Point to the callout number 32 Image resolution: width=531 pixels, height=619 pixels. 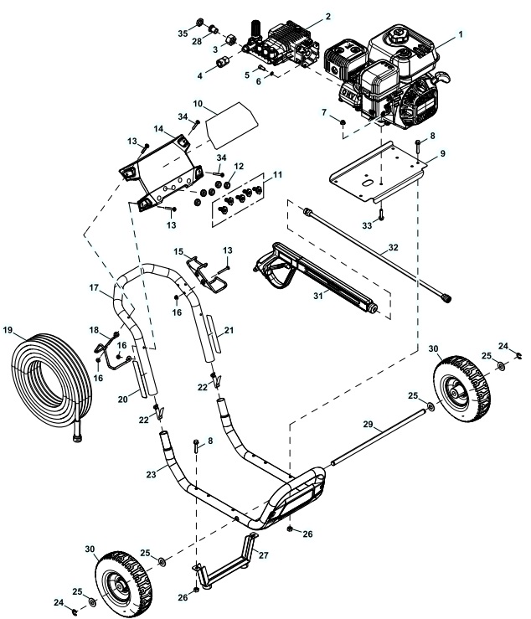pyautogui.click(x=394, y=248)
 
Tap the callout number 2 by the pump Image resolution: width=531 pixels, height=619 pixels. pyautogui.click(x=327, y=16)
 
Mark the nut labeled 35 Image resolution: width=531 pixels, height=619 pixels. pyautogui.click(x=200, y=22)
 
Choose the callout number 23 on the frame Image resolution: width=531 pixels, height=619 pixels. pyautogui.click(x=151, y=474)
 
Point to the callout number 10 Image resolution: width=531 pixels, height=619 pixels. pyautogui.click(x=198, y=104)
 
